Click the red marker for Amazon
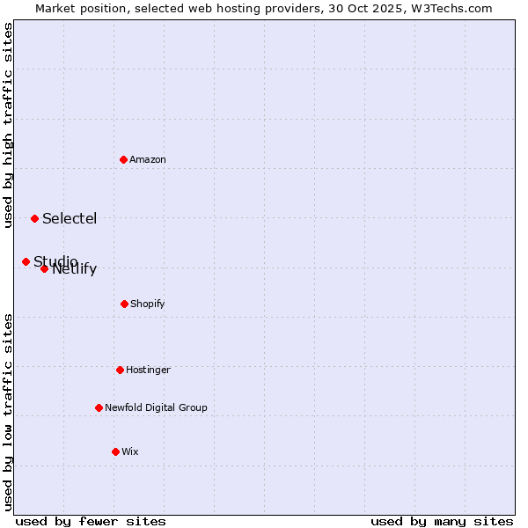pos(124,159)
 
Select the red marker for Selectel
pos(34,218)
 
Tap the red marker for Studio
pos(26,261)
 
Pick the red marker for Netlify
pos(44,268)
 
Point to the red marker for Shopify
pos(124,304)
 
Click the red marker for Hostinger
pos(120,370)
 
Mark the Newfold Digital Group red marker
pos(99,407)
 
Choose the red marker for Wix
pos(115,451)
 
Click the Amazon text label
pos(148,159)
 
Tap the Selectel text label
pos(70,218)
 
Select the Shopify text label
pos(148,304)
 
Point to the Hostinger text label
pos(148,370)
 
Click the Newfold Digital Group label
pos(156,407)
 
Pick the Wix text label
pos(130,451)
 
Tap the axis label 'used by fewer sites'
pos(91,521)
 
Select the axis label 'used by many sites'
pos(442,521)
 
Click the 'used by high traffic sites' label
pos(9,125)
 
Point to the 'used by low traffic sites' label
pos(9,412)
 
